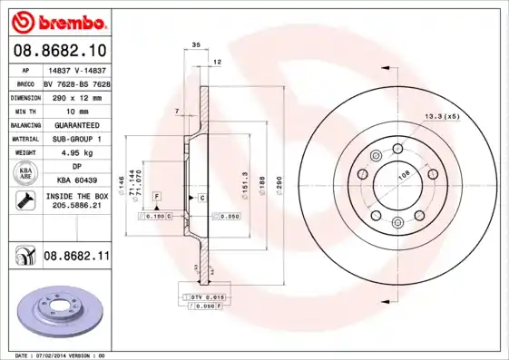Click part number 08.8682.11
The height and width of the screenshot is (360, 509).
(75, 257)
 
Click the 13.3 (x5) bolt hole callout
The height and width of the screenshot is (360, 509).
(443, 116)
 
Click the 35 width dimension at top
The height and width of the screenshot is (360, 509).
(195, 44)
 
